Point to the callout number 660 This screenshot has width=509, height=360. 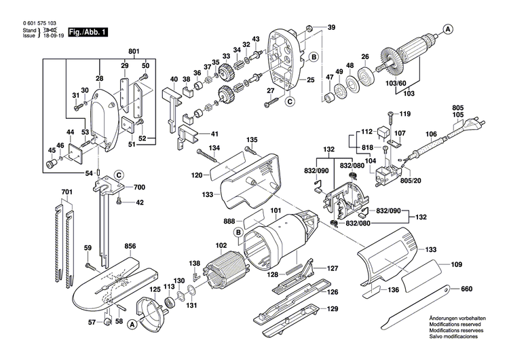(466, 289)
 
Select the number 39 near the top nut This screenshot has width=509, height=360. (331, 27)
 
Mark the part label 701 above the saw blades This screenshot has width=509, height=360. (66, 193)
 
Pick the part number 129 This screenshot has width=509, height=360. (332, 309)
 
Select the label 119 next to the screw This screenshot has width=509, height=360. (405, 113)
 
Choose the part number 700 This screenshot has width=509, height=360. (138, 186)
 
